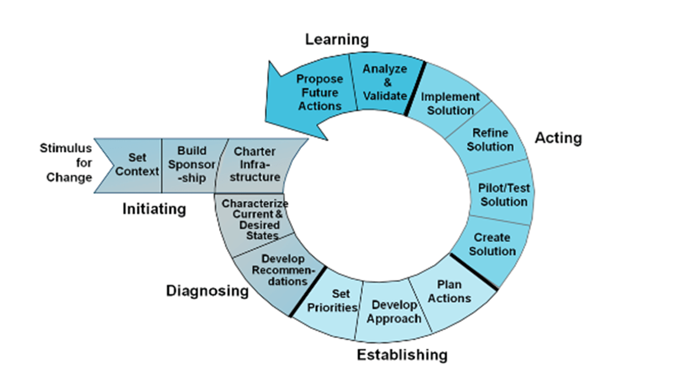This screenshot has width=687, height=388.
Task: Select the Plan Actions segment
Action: (450, 292)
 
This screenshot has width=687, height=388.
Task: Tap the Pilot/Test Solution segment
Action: (503, 195)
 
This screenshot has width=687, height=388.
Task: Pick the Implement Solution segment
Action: (450, 103)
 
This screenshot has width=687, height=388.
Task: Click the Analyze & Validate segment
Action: (385, 82)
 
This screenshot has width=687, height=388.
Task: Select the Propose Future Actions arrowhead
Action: (311, 94)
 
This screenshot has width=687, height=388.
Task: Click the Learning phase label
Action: (336, 39)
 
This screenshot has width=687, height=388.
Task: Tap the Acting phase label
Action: (558, 138)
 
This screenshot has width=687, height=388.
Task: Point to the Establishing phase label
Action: (402, 355)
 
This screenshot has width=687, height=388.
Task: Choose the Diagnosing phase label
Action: (207, 290)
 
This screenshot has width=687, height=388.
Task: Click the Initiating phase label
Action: (154, 209)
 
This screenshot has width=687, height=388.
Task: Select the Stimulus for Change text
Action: (66, 163)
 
